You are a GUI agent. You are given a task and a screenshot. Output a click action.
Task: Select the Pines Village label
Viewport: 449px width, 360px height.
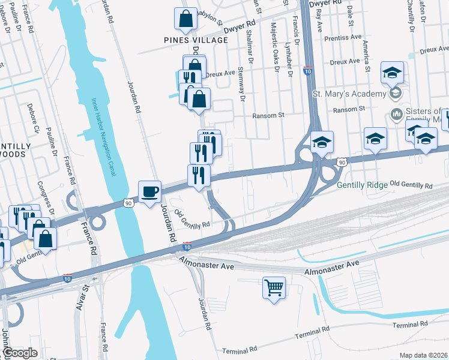(196, 40)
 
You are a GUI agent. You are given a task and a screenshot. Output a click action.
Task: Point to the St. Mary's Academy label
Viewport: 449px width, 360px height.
(350, 94)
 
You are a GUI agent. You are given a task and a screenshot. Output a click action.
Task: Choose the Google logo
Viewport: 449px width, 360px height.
(20, 353)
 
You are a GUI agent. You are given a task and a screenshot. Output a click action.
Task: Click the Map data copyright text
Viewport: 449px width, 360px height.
(424, 355)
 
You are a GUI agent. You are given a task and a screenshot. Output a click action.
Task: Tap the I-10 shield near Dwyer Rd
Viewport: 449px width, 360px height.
(307, 71)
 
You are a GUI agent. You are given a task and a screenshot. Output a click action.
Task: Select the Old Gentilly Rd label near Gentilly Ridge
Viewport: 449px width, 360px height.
(411, 185)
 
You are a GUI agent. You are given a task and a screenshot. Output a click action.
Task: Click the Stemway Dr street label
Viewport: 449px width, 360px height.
(243, 86)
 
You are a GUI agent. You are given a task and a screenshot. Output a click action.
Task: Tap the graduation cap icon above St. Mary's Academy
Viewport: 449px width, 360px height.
(393, 73)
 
